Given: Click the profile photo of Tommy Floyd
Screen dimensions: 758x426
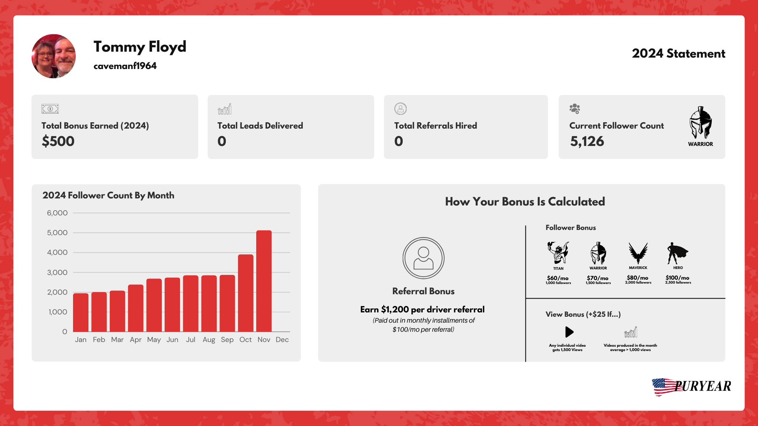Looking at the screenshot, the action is click(54, 56).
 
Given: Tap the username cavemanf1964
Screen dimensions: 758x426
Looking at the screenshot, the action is click(125, 66).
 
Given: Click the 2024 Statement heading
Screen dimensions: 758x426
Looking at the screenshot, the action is click(678, 54).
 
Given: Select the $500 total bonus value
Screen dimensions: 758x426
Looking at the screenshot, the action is click(58, 141).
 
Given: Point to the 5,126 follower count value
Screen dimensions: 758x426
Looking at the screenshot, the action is click(587, 141).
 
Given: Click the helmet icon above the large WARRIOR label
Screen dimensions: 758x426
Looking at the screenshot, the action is click(700, 123).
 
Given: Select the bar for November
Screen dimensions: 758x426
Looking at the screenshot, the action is click(264, 281).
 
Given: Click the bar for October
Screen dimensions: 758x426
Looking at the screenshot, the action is click(246, 293).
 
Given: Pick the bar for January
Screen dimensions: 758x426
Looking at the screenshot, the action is click(81, 312).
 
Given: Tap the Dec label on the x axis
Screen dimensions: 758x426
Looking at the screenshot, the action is click(282, 340).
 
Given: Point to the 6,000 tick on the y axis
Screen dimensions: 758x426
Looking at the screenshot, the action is click(57, 213).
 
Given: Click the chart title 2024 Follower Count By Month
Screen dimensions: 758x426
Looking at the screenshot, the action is click(108, 195).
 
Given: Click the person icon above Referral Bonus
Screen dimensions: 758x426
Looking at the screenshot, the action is click(423, 258).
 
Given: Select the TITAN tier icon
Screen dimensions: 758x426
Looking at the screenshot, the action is click(558, 252).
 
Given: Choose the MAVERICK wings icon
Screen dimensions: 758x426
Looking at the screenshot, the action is click(638, 253).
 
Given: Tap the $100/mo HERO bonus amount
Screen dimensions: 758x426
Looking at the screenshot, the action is click(677, 278).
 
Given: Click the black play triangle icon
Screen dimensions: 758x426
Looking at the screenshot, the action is click(569, 332).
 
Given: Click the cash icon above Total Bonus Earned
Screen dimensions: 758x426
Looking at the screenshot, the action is click(50, 108).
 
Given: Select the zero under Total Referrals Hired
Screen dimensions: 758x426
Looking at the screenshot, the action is click(399, 141).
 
